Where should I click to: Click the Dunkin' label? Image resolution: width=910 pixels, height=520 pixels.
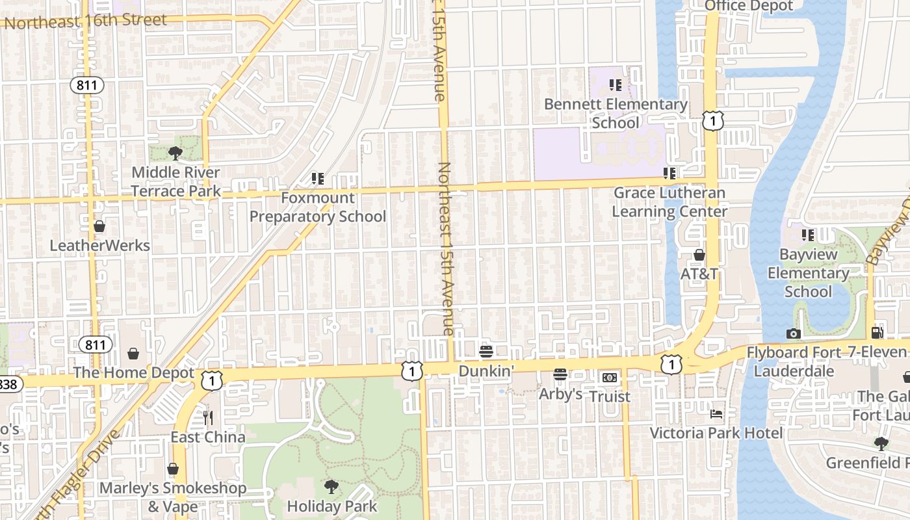[x=486, y=370]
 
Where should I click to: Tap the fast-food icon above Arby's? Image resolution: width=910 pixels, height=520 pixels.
[x=560, y=374]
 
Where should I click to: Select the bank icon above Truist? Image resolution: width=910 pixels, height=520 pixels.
[x=609, y=377]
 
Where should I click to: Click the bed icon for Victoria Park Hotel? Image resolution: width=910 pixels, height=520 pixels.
[x=716, y=413]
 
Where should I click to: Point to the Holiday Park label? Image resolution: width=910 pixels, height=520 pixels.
[x=331, y=506]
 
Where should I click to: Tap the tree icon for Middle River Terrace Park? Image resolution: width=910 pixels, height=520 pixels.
[x=175, y=153]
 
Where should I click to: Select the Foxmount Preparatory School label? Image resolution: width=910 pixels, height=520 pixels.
[x=318, y=207]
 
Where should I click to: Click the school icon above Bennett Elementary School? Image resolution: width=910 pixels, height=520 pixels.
[x=616, y=84]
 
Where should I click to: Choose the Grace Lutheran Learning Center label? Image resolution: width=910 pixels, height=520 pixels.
[x=669, y=202]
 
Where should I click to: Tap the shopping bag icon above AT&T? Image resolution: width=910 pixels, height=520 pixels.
[x=699, y=255]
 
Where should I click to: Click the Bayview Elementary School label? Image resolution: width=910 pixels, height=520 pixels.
[x=808, y=273]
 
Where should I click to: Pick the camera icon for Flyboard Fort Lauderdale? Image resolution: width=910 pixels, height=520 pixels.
[x=793, y=333]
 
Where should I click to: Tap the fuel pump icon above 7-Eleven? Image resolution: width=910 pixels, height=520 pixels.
[x=877, y=333]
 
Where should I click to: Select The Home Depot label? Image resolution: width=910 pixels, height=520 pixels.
[x=133, y=372]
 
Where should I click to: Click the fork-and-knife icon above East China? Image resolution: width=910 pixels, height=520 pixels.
[x=208, y=417]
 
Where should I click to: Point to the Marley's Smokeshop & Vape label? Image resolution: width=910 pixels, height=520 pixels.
[x=173, y=497]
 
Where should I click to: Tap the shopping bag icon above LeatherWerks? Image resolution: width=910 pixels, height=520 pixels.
[x=99, y=226]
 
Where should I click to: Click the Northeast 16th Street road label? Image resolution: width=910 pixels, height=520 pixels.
[x=86, y=21]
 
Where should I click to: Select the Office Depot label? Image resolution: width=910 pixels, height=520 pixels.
[x=749, y=6]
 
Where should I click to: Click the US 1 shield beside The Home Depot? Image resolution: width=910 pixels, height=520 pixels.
[x=211, y=381]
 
